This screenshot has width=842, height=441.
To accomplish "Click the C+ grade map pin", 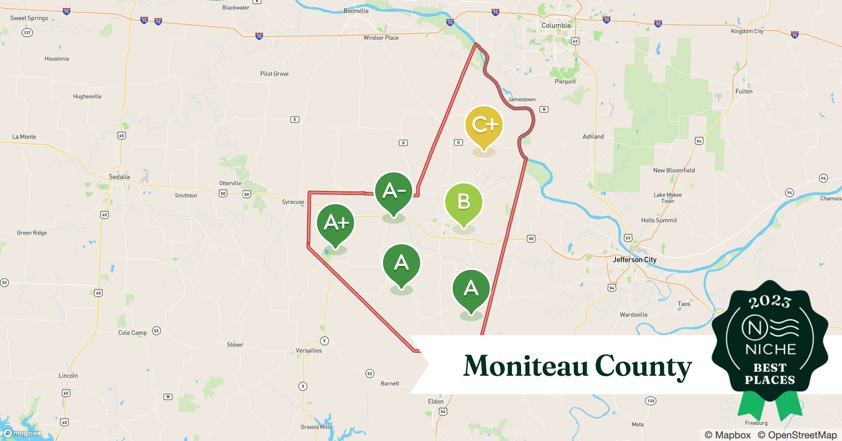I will click(484, 126).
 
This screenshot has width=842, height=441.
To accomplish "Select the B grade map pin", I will click(464, 202).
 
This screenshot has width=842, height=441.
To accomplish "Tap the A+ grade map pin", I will click(335, 223).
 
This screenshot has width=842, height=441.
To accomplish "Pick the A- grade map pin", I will click(394, 191).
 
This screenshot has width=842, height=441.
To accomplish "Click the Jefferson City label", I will click(634, 260).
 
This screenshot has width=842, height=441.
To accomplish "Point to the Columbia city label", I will click(555, 26).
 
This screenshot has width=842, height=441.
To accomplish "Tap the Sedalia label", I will click(119, 177).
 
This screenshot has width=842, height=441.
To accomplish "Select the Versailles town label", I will click(309, 351).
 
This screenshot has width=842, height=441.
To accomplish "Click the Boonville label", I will click(356, 11).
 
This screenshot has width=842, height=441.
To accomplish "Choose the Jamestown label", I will click(522, 99).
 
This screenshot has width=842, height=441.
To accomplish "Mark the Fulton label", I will click(744, 91).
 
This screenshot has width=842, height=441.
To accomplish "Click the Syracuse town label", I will click(293, 202).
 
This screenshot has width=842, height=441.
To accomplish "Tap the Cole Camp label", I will click(132, 333).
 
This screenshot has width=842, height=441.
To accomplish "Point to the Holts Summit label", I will click(659, 220).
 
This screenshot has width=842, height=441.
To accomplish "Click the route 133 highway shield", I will click(651, 401).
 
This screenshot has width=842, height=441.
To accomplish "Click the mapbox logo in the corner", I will click(22, 433).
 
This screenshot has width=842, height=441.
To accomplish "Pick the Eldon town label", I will click(436, 401).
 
